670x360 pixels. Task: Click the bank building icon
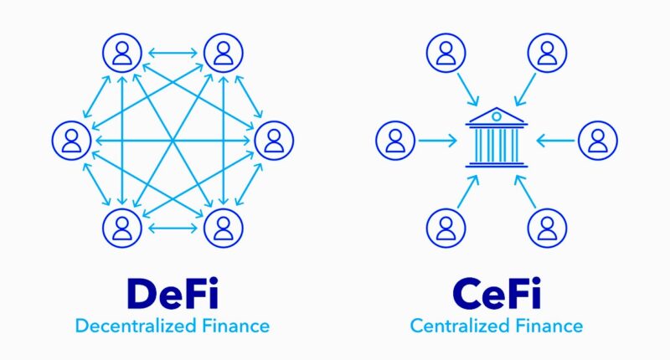click(x=496, y=137)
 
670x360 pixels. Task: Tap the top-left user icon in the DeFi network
click(x=122, y=53)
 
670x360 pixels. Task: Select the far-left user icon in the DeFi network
click(x=71, y=141)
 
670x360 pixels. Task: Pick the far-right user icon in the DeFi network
click(x=274, y=141)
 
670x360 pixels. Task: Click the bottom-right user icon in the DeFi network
click(x=224, y=228)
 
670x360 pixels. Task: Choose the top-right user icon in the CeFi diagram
click(x=547, y=53)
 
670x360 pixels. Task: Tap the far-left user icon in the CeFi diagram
click(x=395, y=141)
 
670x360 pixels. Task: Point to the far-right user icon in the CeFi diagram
click(x=598, y=141)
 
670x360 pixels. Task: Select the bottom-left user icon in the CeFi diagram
click(x=446, y=228)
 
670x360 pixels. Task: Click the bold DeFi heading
click(x=173, y=293)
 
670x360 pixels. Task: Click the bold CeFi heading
click(x=497, y=293)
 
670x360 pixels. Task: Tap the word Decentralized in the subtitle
click(x=136, y=326)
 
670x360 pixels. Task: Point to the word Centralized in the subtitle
click(x=460, y=326)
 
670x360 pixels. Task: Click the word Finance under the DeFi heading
click(x=235, y=326)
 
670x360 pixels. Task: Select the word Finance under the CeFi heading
click(x=549, y=326)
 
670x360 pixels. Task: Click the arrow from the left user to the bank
click(x=437, y=141)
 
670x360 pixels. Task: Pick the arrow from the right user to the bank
click(x=555, y=141)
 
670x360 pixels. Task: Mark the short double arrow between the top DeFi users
click(x=173, y=53)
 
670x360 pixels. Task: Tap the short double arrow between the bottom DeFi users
click(x=173, y=228)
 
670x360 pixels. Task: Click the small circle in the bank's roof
click(x=496, y=116)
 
